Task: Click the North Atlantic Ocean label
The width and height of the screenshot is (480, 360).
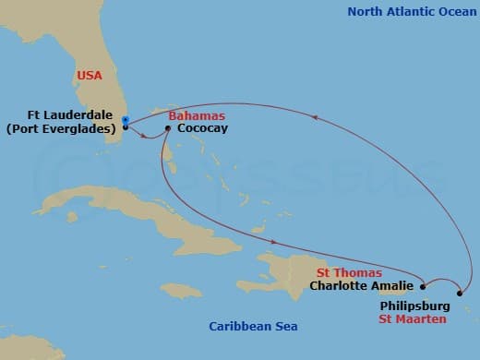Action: (406, 12)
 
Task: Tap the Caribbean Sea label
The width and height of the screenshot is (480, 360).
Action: (253, 327)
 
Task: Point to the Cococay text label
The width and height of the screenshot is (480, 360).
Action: (202, 129)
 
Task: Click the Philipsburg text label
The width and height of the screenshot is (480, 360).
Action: (414, 305)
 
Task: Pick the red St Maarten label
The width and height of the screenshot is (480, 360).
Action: (413, 318)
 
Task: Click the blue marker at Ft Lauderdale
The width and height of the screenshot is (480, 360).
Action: (125, 119)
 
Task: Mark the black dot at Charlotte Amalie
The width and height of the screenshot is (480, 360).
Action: (423, 285)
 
